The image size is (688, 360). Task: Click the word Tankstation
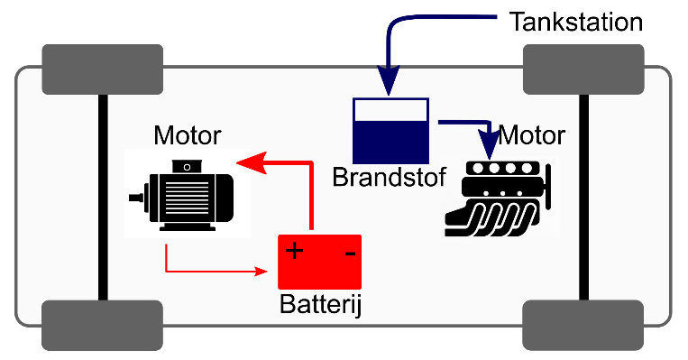(x=575, y=22)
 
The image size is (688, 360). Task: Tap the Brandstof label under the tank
(x=389, y=178)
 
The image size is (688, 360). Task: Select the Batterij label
(x=320, y=304)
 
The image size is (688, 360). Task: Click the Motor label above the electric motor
(x=188, y=135)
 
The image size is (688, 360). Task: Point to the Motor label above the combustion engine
(x=531, y=135)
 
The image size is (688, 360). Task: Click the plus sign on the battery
(x=294, y=251)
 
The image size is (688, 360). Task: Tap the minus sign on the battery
(x=350, y=254)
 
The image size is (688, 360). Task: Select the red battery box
(x=320, y=262)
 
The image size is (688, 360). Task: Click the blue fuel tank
(x=390, y=131)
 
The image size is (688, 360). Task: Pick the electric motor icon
(x=181, y=196)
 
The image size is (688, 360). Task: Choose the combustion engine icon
(x=498, y=198)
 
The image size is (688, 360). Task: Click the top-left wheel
(x=102, y=69)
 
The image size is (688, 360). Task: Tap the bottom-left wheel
(x=102, y=326)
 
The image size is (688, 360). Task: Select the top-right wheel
(x=583, y=69)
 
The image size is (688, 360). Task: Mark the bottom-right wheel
(x=583, y=326)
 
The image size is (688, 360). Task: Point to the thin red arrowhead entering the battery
(x=261, y=272)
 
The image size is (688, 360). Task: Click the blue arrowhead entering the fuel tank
(x=388, y=81)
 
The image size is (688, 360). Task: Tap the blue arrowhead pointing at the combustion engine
(x=490, y=144)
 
